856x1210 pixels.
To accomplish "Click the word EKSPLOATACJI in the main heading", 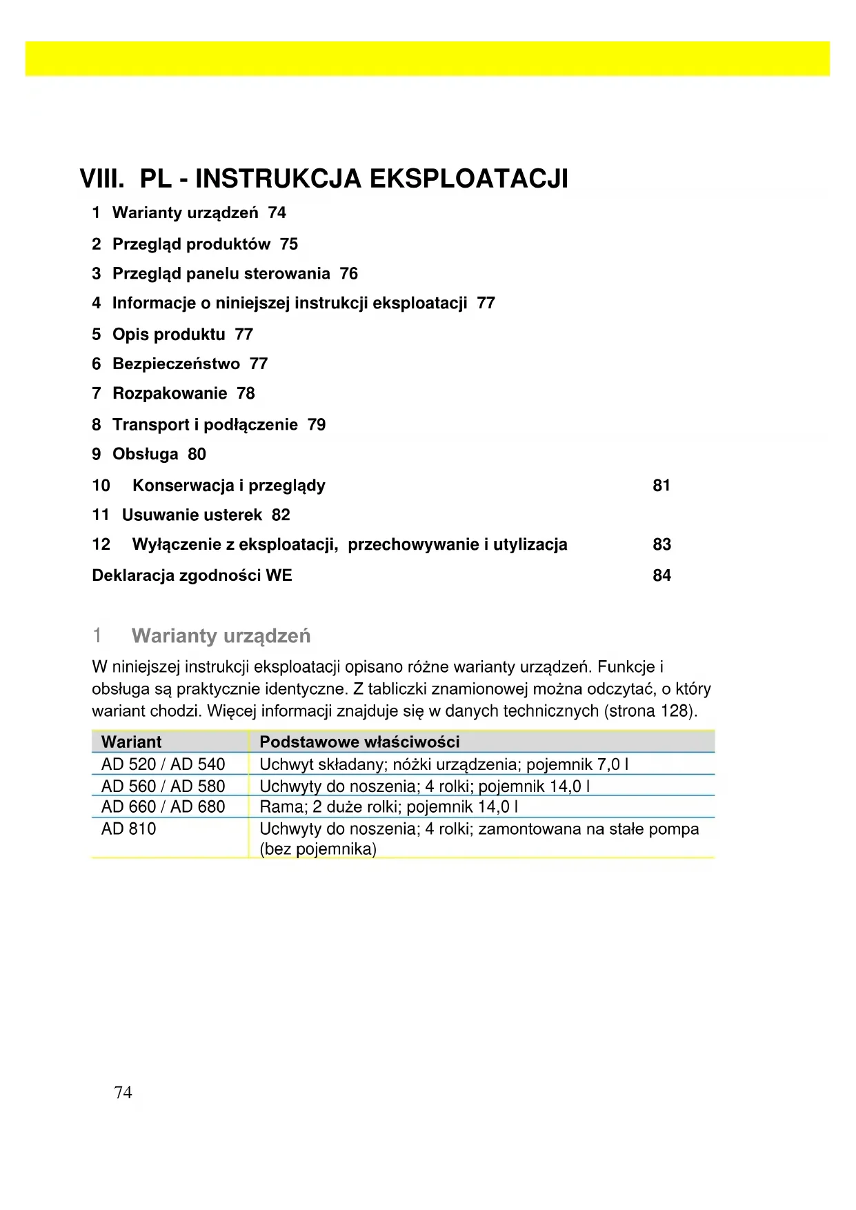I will [469, 179].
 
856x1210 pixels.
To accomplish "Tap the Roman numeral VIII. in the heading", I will [101, 179].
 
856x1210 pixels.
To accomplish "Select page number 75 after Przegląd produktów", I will [289, 244].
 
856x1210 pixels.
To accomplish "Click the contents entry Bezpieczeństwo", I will [176, 364].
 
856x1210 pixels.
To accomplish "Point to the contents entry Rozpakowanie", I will [170, 393].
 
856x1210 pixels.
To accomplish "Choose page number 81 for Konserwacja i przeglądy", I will [661, 486].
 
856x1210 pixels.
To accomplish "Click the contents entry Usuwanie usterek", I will [192, 515].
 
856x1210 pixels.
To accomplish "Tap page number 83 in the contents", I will [661, 545].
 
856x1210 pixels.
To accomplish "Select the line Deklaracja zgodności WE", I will [192, 575].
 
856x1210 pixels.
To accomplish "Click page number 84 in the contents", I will [661, 575].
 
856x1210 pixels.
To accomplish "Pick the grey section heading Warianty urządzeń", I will [221, 635].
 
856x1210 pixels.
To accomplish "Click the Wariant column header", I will [131, 742].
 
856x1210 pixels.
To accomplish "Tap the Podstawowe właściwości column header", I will [359, 742].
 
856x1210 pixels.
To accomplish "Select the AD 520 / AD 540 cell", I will [163, 764].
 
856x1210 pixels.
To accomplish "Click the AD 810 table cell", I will [128, 829].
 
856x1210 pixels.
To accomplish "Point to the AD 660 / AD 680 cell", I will [163, 807].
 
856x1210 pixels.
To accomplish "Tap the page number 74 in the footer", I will [123, 1092].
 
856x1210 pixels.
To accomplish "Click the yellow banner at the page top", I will [428, 58].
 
